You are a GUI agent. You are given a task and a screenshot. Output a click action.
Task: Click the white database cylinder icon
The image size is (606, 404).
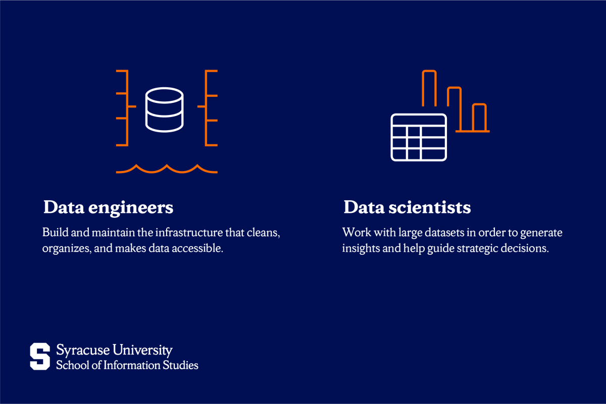click(164, 109)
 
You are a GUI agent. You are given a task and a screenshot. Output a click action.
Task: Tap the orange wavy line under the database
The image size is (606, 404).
click(167, 169)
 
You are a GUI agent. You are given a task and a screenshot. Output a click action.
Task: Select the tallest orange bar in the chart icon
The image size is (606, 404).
click(429, 88)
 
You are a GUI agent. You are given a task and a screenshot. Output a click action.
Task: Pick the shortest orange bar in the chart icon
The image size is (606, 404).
click(479, 118)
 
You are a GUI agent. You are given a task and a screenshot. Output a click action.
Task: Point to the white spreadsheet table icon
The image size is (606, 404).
click(419, 137)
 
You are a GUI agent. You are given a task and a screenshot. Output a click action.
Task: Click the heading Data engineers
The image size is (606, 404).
click(108, 207)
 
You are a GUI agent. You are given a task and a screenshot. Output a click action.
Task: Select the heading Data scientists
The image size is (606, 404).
click(407, 207)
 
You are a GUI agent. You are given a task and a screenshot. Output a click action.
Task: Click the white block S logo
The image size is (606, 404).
click(40, 356)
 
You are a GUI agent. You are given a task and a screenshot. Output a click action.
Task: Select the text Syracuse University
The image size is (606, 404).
click(114, 350)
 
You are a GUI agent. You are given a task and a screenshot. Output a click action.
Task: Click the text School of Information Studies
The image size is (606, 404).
click(127, 365)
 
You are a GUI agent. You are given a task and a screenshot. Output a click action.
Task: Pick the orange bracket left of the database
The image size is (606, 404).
click(123, 108)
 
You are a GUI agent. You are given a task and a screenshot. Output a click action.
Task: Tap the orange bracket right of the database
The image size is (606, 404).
click(209, 108)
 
